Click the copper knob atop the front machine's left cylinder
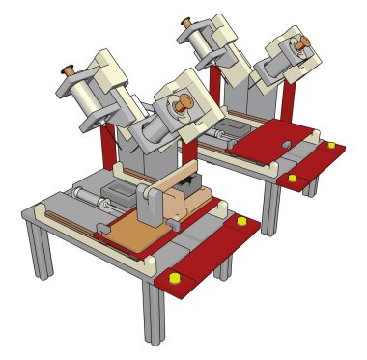[69, 70]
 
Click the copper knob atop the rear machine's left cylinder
[185, 23]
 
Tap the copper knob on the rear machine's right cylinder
[301, 44]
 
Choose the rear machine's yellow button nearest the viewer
[293, 180]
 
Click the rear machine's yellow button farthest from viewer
[332, 146]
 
